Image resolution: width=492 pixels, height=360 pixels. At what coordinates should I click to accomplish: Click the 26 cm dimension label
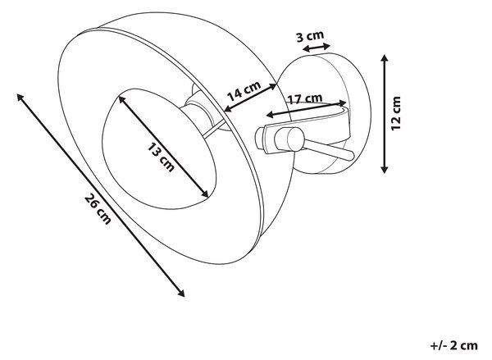coord(98,209)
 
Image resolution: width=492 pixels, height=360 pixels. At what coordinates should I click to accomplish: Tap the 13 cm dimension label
coord(161,157)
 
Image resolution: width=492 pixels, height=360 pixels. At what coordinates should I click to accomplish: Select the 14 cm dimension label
coord(244,91)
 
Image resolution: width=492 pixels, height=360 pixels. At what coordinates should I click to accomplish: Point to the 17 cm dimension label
coord(305,99)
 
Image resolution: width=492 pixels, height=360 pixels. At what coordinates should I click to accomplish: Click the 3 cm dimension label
coord(310,36)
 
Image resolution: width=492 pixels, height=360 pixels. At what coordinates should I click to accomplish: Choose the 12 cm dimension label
coord(396,113)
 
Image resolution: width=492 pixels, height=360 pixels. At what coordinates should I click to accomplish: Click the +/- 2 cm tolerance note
coord(454,345)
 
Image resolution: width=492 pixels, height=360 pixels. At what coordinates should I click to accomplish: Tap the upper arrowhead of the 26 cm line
coord(20,97)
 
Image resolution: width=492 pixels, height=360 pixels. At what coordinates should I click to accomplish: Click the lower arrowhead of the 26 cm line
coord(181,294)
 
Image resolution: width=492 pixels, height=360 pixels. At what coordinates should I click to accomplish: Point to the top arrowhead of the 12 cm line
coord(385,57)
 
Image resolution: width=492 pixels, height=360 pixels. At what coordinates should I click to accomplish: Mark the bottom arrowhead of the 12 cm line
coord(385,170)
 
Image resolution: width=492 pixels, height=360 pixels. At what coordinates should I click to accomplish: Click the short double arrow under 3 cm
coord(317,48)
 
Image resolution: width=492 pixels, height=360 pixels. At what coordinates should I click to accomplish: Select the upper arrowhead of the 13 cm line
coord(121,99)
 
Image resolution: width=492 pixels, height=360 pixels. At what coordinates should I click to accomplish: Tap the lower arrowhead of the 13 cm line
coord(204,194)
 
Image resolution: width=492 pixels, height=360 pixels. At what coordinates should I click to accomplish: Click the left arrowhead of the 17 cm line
coord(270,115)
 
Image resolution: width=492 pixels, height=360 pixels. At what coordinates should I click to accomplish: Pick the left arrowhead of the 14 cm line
coord(229,108)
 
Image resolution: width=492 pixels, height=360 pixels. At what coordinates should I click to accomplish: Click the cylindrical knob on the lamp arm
coord(289,139)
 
